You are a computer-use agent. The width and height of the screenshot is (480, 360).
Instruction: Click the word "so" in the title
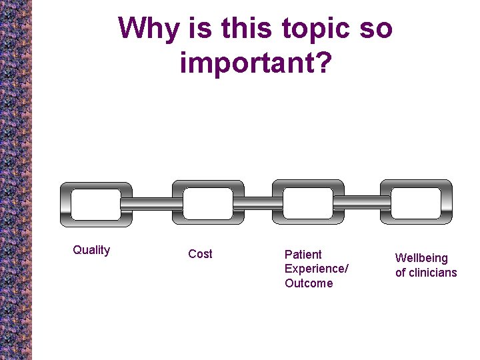[x=376, y=29]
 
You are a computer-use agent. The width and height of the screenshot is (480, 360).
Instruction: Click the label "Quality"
[x=91, y=250]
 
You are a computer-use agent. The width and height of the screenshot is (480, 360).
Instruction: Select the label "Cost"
[x=200, y=254]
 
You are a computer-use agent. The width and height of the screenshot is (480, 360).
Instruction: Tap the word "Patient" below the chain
[x=303, y=255]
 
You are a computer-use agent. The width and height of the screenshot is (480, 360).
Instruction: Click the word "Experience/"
[x=316, y=269]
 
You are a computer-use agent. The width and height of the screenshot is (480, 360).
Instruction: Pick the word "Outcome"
[x=308, y=283]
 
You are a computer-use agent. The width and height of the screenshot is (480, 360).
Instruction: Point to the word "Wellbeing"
[x=421, y=258]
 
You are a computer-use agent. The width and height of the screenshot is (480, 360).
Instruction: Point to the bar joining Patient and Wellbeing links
[x=362, y=202]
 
